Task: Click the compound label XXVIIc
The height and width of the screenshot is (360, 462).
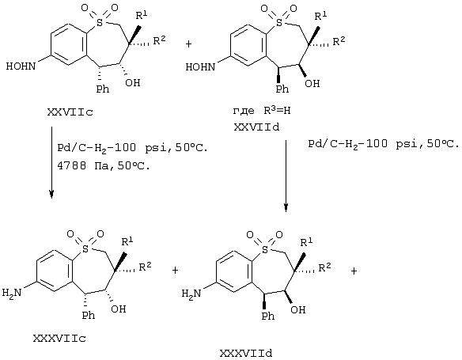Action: pos(70,112)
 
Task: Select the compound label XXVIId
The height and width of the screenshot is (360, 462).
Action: pos(256,127)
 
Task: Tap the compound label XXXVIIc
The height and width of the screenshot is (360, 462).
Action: pos(60,339)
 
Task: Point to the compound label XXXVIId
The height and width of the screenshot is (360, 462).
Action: pos(246,353)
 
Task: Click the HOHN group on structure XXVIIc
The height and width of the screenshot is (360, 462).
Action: pos(21,66)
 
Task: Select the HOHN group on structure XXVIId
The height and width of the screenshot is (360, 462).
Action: pos(200,67)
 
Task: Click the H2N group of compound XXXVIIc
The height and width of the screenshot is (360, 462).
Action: pos(12,293)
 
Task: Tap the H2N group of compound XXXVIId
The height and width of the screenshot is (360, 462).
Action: pos(191,294)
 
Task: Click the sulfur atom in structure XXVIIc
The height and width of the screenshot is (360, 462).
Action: pos(100,22)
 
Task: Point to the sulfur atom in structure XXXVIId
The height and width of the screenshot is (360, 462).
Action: pos(265,249)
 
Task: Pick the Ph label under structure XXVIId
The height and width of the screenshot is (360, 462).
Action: pos(282,89)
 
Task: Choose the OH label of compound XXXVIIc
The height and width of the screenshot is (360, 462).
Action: pos(119,309)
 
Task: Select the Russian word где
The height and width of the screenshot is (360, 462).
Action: pos(244,111)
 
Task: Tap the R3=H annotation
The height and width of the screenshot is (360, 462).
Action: pos(277,111)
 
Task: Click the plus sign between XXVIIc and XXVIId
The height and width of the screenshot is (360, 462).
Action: pos(188,44)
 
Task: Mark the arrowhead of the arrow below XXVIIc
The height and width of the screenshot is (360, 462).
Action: pos(51,194)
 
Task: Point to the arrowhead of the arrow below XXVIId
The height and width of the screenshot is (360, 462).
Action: pos(286,207)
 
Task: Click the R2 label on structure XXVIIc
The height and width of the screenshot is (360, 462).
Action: pos(159,40)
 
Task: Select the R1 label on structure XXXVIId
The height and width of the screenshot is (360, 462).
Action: pos(306,242)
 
